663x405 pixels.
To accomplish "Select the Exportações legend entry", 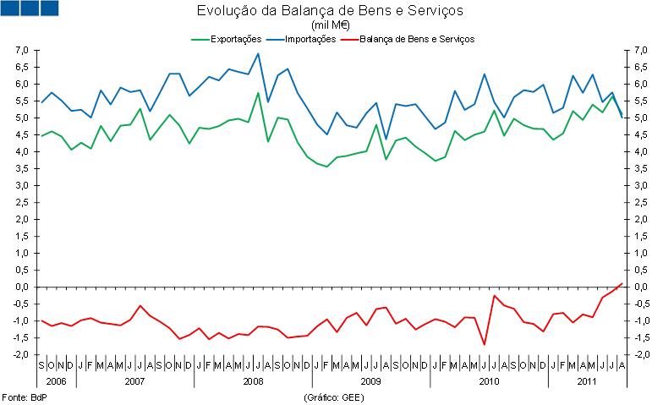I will [230, 39].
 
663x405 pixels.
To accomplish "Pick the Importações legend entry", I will [308, 39].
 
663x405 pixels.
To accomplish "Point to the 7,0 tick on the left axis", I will [23, 51].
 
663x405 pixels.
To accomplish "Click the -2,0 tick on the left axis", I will [21, 354].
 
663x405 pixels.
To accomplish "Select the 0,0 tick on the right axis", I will [641, 287].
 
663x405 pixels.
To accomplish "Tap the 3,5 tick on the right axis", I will [641, 168].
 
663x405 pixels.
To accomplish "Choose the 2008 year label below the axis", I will [252, 381].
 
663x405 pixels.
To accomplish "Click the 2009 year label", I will [370, 381].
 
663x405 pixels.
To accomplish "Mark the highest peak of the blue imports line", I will [258, 54].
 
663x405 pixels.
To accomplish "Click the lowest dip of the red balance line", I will [484, 344].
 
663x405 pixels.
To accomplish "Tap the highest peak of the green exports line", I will [258, 93].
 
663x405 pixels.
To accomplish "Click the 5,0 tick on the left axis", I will [23, 118].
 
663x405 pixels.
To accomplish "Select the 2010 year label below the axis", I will [489, 381].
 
